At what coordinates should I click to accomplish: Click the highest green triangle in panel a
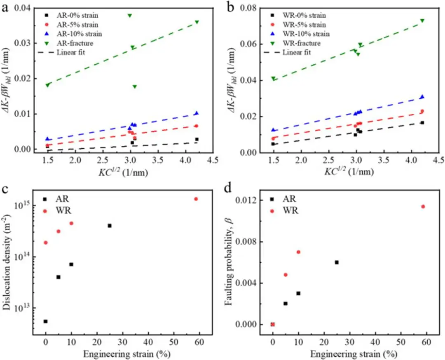click(130, 16)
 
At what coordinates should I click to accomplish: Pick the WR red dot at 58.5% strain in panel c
click(196, 199)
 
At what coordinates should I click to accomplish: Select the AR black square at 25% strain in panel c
click(110, 226)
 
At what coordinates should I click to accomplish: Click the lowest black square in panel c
click(45, 321)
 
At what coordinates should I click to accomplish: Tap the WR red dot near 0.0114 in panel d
click(423, 206)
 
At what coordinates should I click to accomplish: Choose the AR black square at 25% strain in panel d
click(337, 262)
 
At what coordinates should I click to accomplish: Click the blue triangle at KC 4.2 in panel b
click(422, 97)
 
